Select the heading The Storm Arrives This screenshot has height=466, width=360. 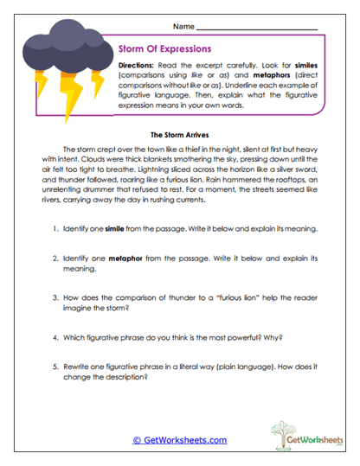click(179, 135)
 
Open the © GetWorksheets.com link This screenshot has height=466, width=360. click(179, 440)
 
